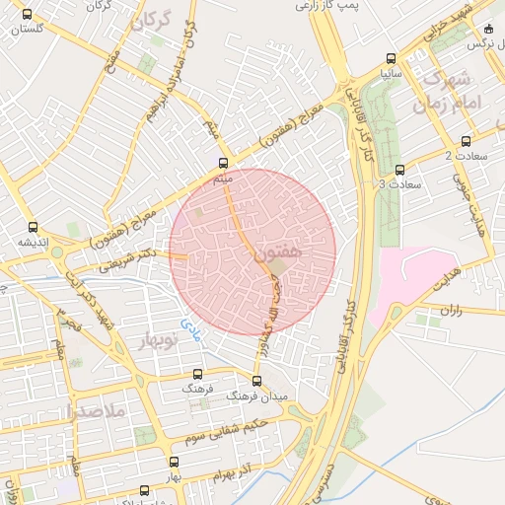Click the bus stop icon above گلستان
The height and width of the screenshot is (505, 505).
coord(26,15)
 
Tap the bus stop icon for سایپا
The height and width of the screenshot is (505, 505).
coord(393,57)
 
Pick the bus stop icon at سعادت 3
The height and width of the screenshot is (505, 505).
coord(399,170)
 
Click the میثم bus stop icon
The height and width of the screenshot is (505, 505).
coord(223,164)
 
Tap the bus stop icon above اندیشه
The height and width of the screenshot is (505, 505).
coord(34,226)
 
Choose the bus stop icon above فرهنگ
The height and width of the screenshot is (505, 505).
coord(198,375)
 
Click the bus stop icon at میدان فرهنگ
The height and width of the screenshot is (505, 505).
coord(257,380)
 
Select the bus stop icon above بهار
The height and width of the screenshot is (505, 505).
coord(175,461)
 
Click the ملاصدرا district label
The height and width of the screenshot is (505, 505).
coord(94,411)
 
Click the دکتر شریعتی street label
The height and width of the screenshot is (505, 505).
coord(136,258)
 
